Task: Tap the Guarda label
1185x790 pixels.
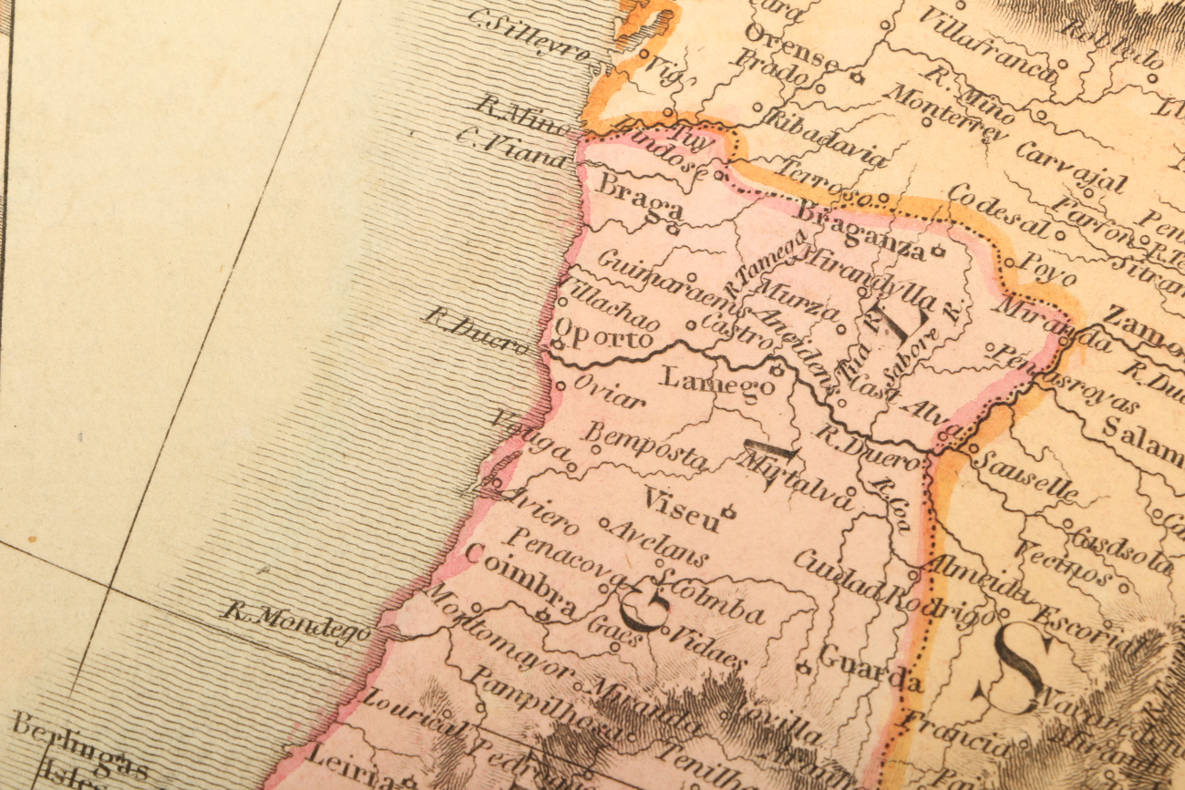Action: (870, 667)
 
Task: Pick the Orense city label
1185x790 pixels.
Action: (789, 48)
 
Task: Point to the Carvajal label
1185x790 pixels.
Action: (1070, 166)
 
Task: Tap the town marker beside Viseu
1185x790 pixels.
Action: (728, 511)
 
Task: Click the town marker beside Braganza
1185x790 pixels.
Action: (937, 249)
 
